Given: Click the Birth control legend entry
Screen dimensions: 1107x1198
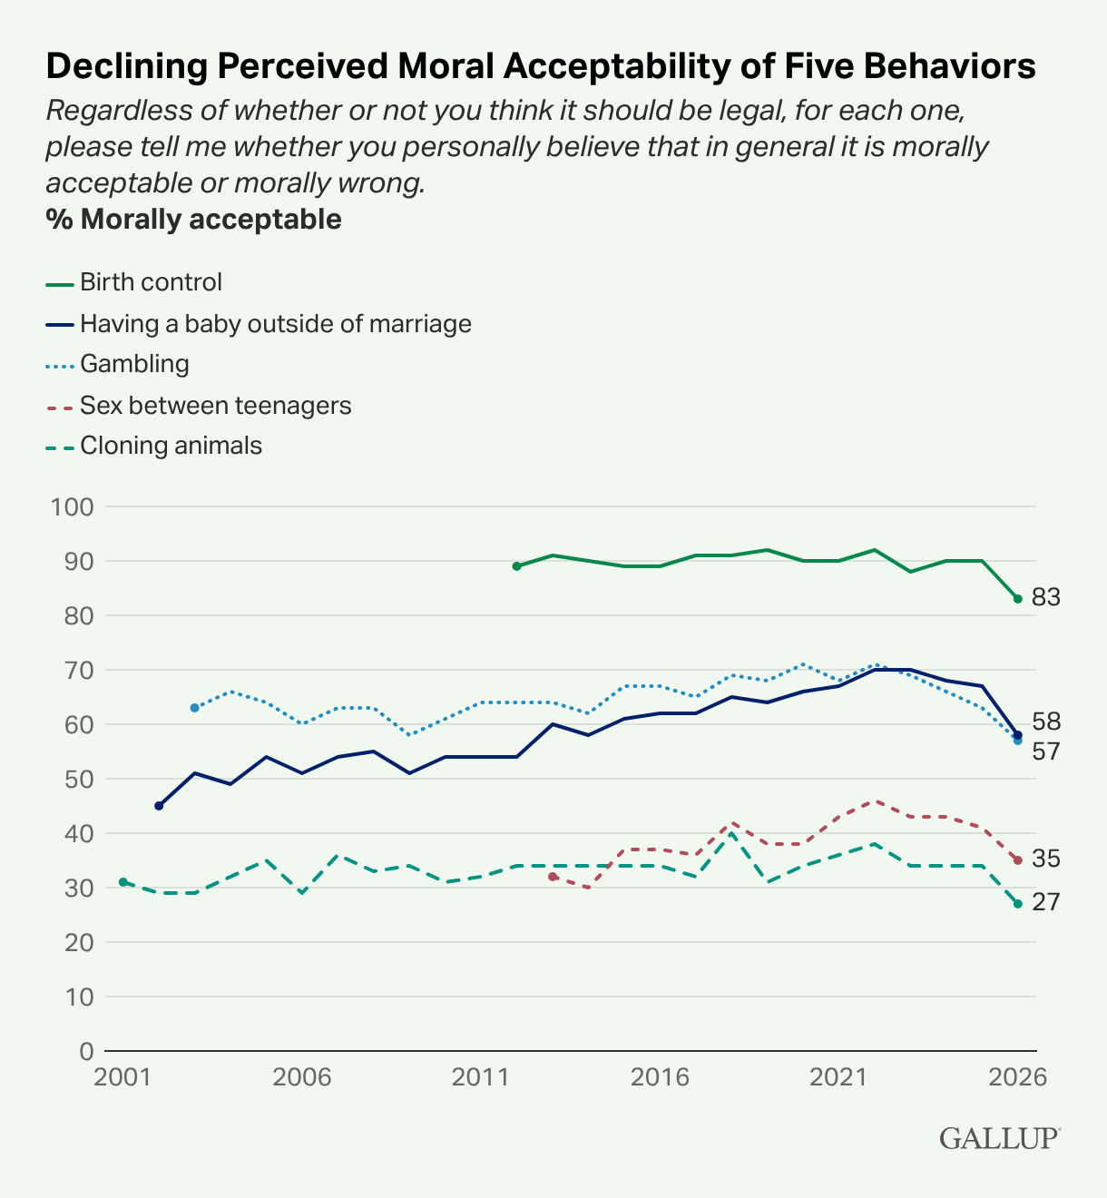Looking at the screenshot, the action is tap(134, 282).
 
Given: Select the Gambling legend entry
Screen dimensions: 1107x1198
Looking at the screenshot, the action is tap(118, 364).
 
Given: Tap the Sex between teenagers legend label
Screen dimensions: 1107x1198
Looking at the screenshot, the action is tap(215, 406).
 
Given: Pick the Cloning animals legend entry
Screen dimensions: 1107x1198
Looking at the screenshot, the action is tap(154, 446).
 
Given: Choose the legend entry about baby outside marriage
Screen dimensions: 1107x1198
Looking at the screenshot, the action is tap(259, 324).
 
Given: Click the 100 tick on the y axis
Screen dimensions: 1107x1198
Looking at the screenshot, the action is tap(72, 507).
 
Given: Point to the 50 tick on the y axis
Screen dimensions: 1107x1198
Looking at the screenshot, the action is tap(79, 780).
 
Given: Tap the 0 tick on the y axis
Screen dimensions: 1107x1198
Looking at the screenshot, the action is tap(87, 1052).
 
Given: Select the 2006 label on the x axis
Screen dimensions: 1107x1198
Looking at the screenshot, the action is tap(302, 1077).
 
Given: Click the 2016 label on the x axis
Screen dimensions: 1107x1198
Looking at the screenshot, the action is tap(660, 1077).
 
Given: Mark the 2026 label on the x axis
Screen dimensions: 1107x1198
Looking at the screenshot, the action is tap(1018, 1077).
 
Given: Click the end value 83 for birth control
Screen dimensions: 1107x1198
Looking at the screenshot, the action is tap(1046, 597).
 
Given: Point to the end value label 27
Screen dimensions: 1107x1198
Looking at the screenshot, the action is tap(1046, 902).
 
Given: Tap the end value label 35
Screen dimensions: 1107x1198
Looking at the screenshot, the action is tap(1046, 859).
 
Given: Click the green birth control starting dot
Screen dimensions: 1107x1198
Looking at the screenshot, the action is tap(516, 566).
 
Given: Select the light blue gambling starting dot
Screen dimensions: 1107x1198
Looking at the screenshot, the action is tap(194, 708).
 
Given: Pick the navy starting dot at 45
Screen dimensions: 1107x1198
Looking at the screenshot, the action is tap(159, 806).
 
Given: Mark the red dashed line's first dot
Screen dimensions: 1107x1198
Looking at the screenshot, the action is tap(553, 877).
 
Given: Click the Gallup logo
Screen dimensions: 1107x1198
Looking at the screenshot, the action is tap(1000, 1138).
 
